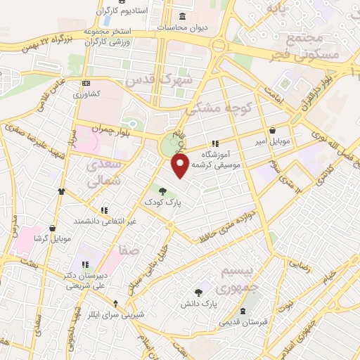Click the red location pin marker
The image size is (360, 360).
pyautogui.click(x=181, y=165)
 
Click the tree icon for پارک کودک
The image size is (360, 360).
pyautogui.click(x=162, y=191)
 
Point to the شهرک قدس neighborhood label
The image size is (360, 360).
pyautogui.click(x=159, y=79)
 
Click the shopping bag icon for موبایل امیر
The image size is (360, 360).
pyautogui.click(x=272, y=130)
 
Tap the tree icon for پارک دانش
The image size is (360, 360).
pyautogui.click(x=199, y=292)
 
